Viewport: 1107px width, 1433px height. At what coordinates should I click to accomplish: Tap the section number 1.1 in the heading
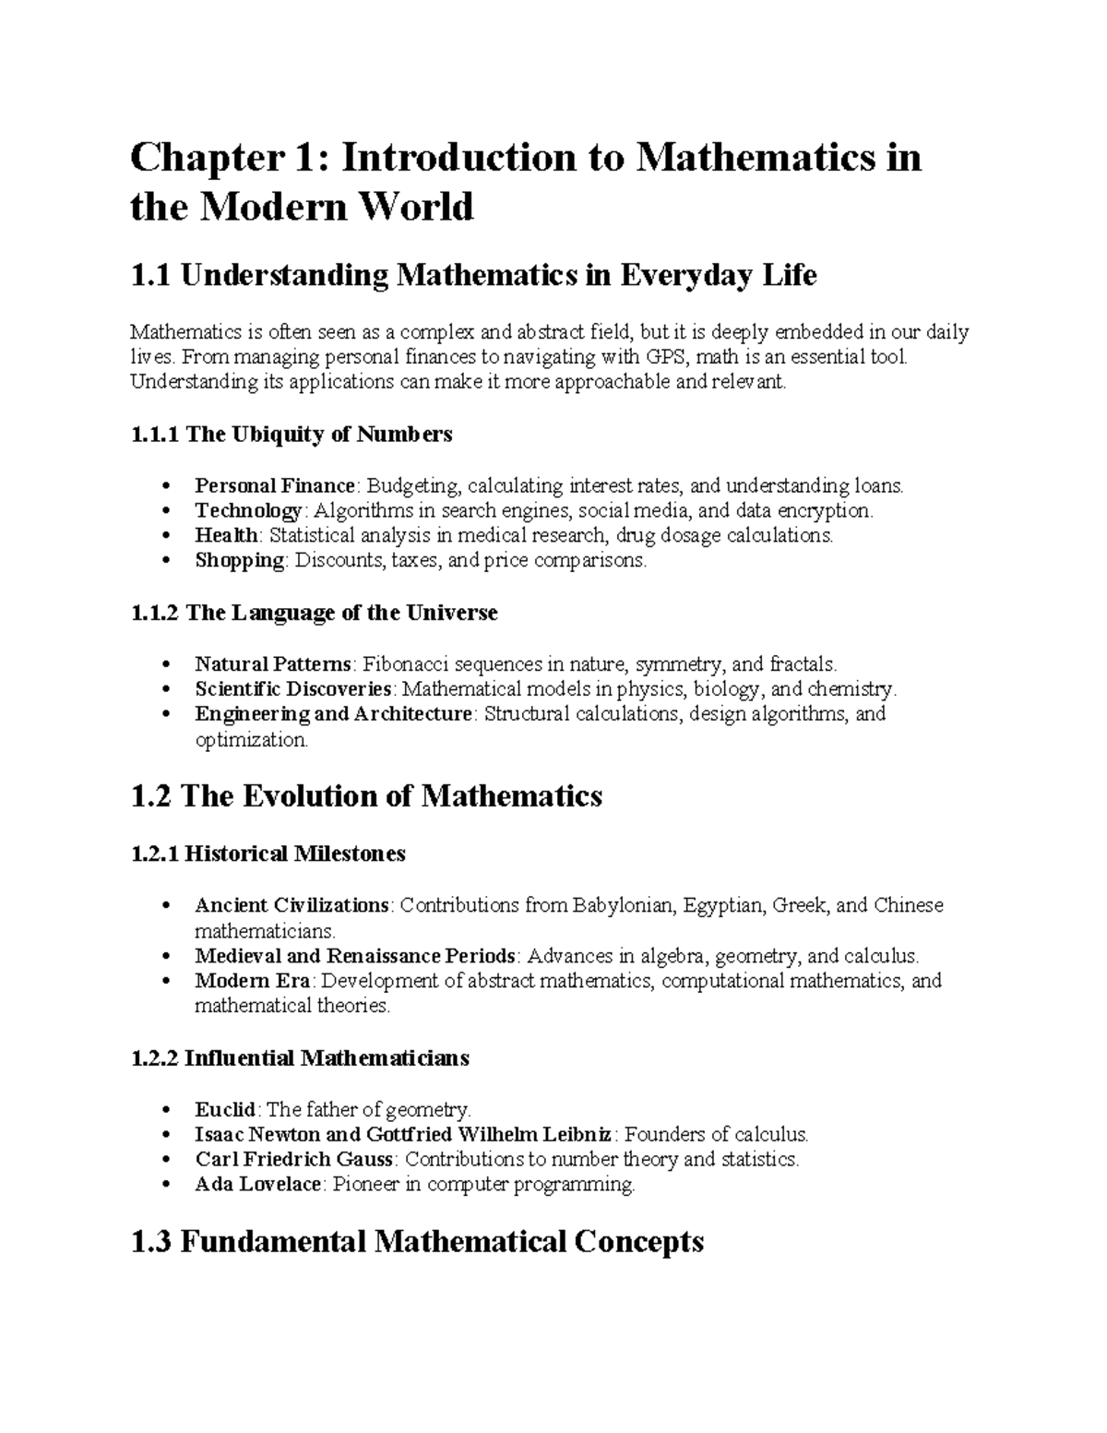tap(150, 276)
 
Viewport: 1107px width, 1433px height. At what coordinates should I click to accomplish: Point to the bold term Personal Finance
tap(275, 485)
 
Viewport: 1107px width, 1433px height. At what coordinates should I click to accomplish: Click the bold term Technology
tap(247, 510)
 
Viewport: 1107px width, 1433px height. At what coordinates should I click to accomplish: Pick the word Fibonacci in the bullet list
tap(402, 663)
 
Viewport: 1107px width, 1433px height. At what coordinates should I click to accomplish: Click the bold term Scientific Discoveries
tap(294, 688)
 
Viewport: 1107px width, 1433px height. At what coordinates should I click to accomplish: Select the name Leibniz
tap(574, 1134)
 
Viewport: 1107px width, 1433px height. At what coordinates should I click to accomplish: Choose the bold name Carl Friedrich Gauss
tap(294, 1159)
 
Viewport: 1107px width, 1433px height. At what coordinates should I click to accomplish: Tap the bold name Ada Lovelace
tap(257, 1184)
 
